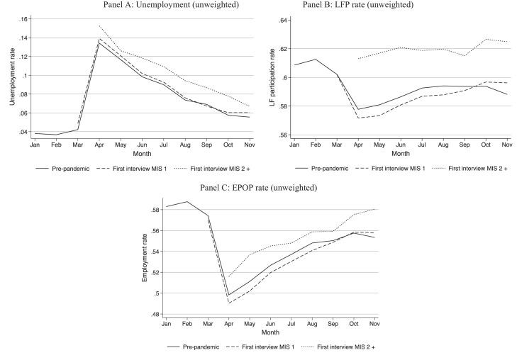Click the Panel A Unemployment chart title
141,6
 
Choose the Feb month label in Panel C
187,324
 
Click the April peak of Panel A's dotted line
98,26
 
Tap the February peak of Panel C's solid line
187,202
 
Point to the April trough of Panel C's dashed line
228,303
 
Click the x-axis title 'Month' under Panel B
401,152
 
